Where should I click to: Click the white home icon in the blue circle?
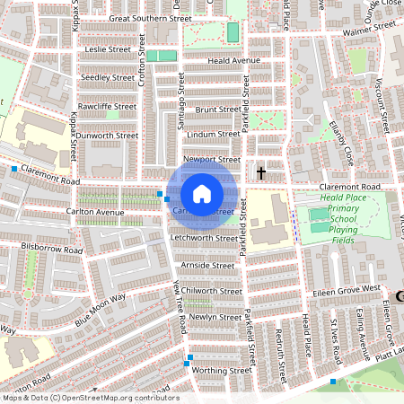(x=202, y=193)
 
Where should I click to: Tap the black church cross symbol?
(x=261, y=171)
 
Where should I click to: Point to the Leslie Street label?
(x=107, y=50)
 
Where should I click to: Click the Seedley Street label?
(x=107, y=77)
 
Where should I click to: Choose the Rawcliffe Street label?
(x=107, y=106)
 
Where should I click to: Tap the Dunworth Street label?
(x=107, y=136)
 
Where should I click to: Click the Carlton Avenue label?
(x=94, y=213)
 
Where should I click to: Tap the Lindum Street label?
(x=214, y=134)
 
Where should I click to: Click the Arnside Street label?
(x=207, y=266)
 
